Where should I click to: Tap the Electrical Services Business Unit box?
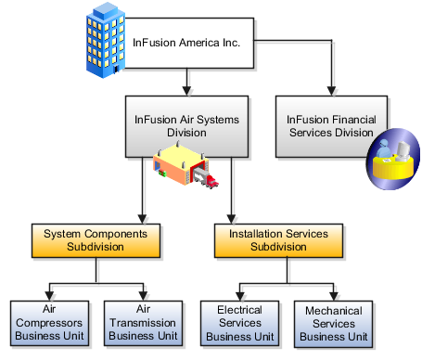(x=239, y=321)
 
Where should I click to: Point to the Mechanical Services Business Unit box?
(x=331, y=321)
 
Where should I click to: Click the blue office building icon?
(x=105, y=38)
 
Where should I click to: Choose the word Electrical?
(x=239, y=308)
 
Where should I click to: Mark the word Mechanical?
(x=331, y=308)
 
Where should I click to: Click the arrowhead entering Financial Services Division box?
(x=332, y=92)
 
